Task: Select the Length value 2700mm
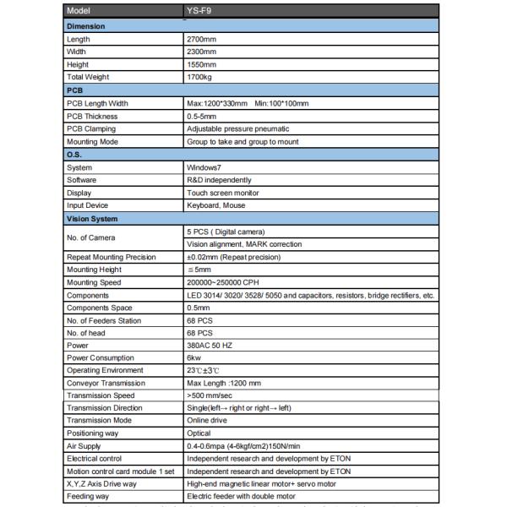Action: tap(201, 39)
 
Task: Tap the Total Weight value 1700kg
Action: tap(200, 77)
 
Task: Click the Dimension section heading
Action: tap(86, 26)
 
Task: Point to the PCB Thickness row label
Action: tap(92, 116)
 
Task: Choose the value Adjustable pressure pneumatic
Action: tap(237, 128)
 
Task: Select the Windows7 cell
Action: tap(204, 167)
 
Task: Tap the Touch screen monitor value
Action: tap(221, 193)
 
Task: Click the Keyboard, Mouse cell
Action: tap(217, 205)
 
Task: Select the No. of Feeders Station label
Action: tap(105, 320)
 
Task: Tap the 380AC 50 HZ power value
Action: tap(212, 346)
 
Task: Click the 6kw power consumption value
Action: tap(194, 358)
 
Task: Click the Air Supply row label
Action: tap(85, 446)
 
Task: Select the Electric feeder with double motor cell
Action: tap(241, 497)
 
